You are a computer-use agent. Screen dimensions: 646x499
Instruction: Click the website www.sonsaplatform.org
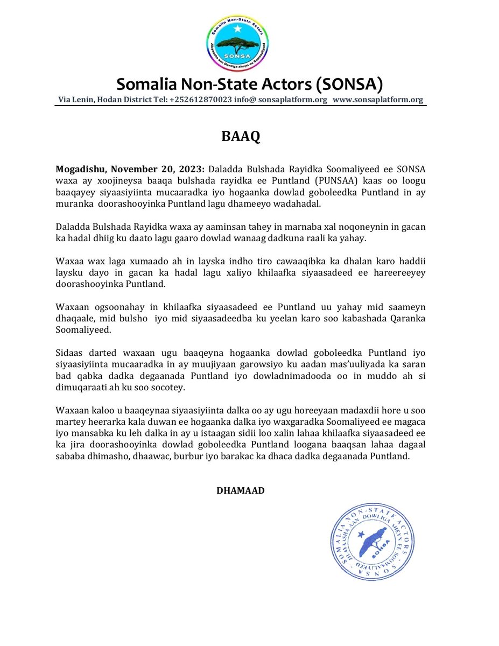coord(377,100)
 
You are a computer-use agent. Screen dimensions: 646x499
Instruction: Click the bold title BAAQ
coord(241,137)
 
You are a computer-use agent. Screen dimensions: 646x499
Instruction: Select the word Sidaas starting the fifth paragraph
coord(69,353)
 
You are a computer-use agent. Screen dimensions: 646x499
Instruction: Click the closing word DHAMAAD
coord(240,490)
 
